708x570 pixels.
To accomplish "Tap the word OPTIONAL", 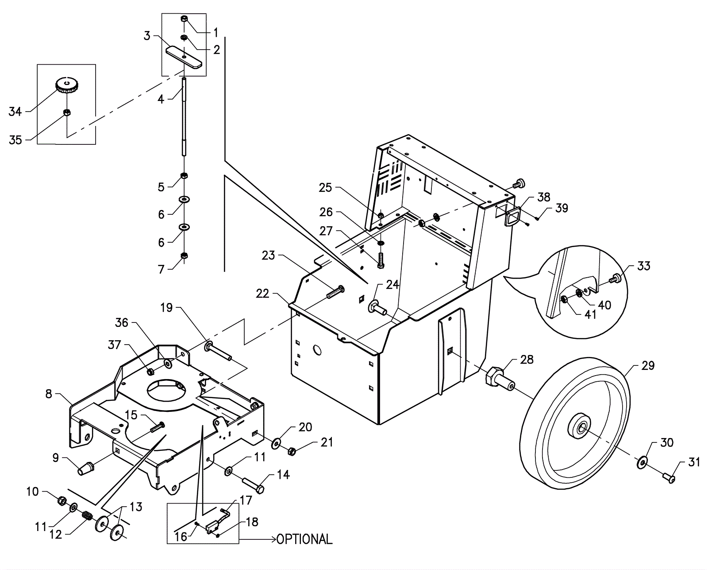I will tap(304, 539).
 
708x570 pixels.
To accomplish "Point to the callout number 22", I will tap(262, 294).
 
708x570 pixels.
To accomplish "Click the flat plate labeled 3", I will tap(184, 57).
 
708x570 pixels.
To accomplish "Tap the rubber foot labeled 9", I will tap(85, 469).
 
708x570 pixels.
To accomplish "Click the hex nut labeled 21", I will tap(292, 451).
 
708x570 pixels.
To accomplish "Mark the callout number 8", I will tap(49, 393).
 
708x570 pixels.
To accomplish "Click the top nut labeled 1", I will tap(185, 19).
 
